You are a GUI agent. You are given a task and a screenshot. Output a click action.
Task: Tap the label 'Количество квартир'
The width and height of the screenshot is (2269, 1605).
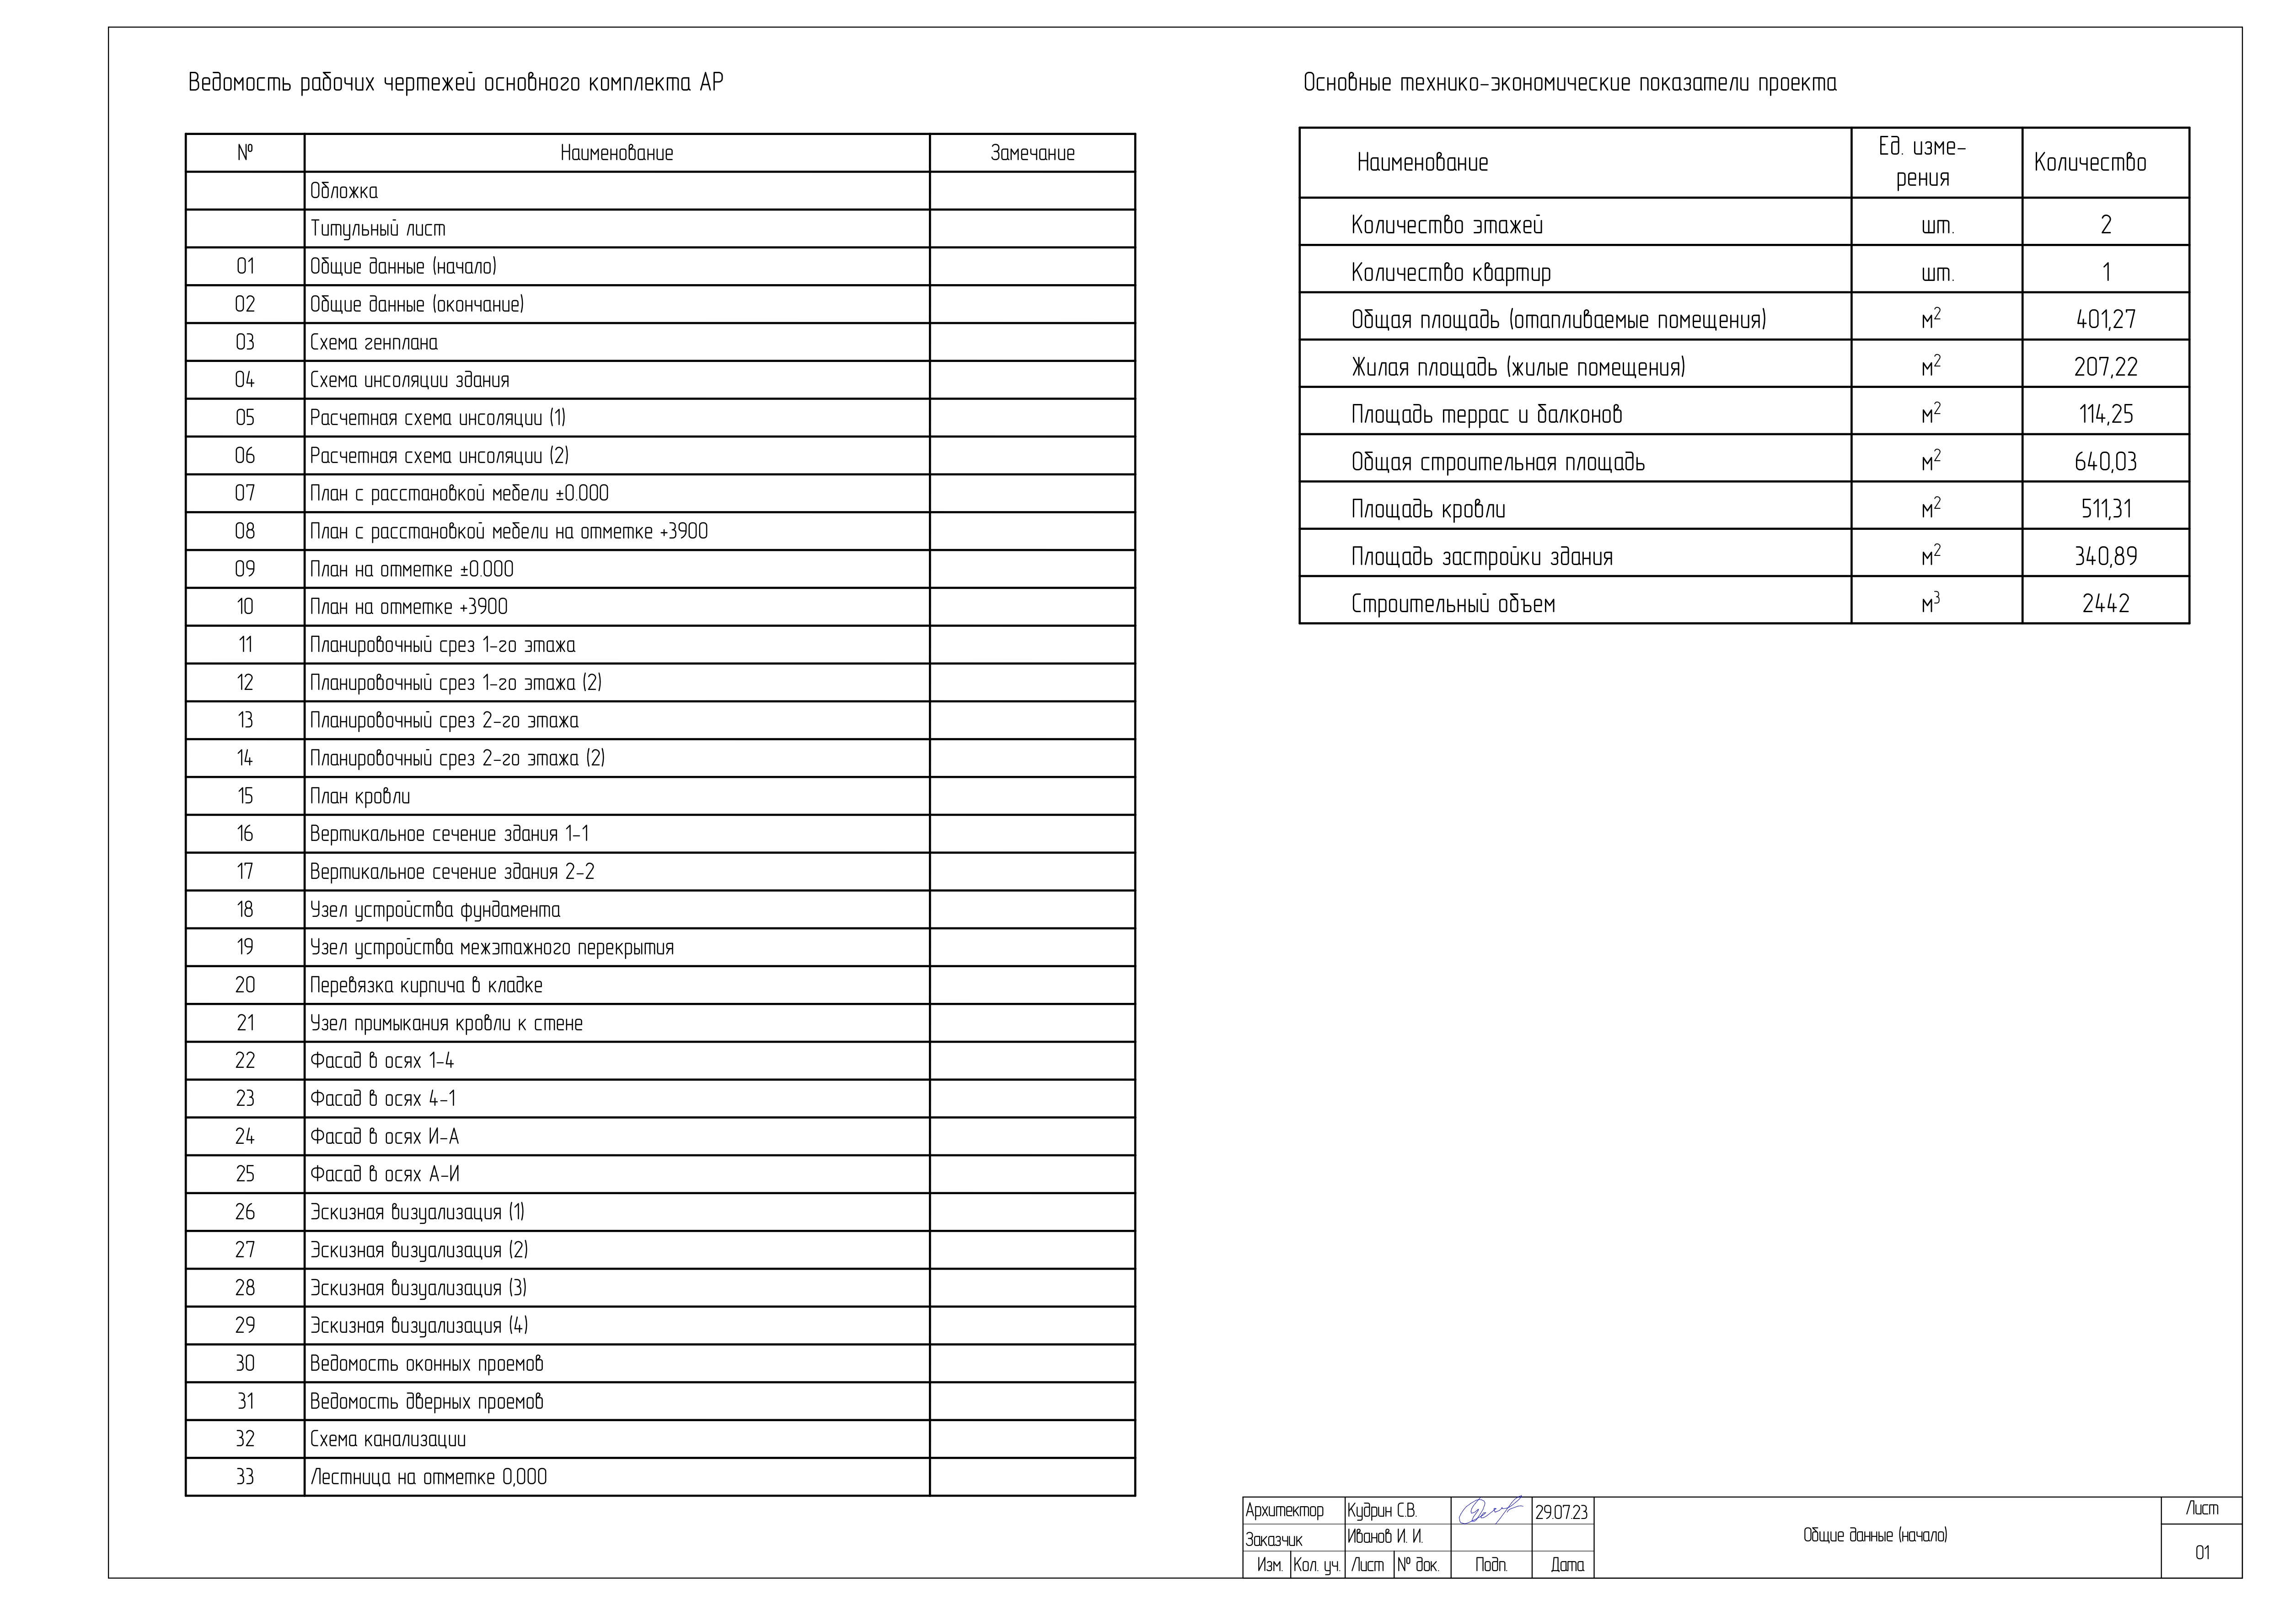click(1451, 273)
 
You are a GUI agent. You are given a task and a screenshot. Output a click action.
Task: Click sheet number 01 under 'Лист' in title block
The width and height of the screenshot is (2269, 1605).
click(2202, 1553)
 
